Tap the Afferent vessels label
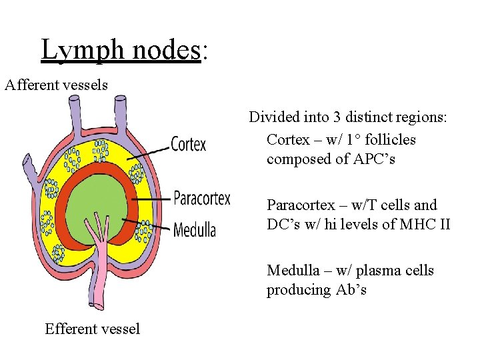[x=56, y=85]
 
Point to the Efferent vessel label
[x=92, y=329]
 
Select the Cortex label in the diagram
[x=189, y=144]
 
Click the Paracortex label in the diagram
[x=201, y=198]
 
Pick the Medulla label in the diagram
[x=194, y=231]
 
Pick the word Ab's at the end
[x=351, y=290]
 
